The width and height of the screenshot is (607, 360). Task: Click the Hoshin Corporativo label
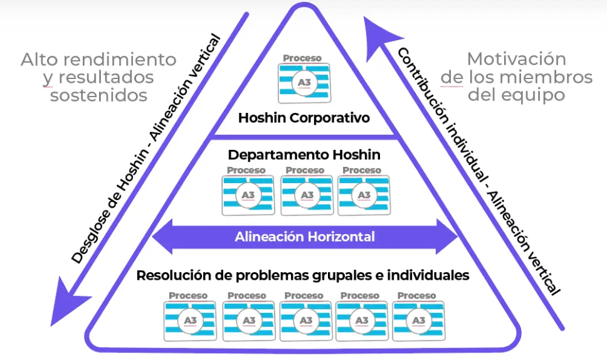[304, 117]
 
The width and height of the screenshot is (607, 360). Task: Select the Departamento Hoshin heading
[304, 154]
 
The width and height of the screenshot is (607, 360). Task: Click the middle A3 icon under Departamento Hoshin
[307, 194]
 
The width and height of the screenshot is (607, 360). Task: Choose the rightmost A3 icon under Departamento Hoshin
[363, 194]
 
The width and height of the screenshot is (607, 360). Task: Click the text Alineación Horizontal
[305, 236]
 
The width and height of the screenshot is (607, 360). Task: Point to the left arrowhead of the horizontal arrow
[160, 237]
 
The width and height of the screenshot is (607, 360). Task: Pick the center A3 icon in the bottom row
[306, 320]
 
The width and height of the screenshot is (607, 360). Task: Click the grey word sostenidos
[99, 95]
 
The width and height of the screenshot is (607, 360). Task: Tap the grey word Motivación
[517, 60]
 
